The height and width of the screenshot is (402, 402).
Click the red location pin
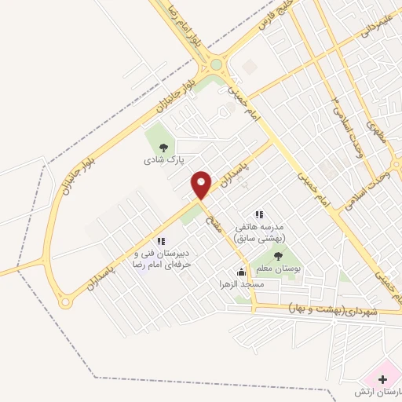(202, 184)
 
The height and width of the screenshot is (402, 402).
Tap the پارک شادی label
(163, 159)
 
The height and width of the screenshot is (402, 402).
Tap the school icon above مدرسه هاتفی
(258, 214)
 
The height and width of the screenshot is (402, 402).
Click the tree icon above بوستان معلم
(276, 254)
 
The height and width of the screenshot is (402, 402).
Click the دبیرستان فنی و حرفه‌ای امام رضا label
(163, 259)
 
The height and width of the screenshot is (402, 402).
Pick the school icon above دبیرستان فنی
(161, 242)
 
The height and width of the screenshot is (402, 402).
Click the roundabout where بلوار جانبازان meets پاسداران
(65, 300)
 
